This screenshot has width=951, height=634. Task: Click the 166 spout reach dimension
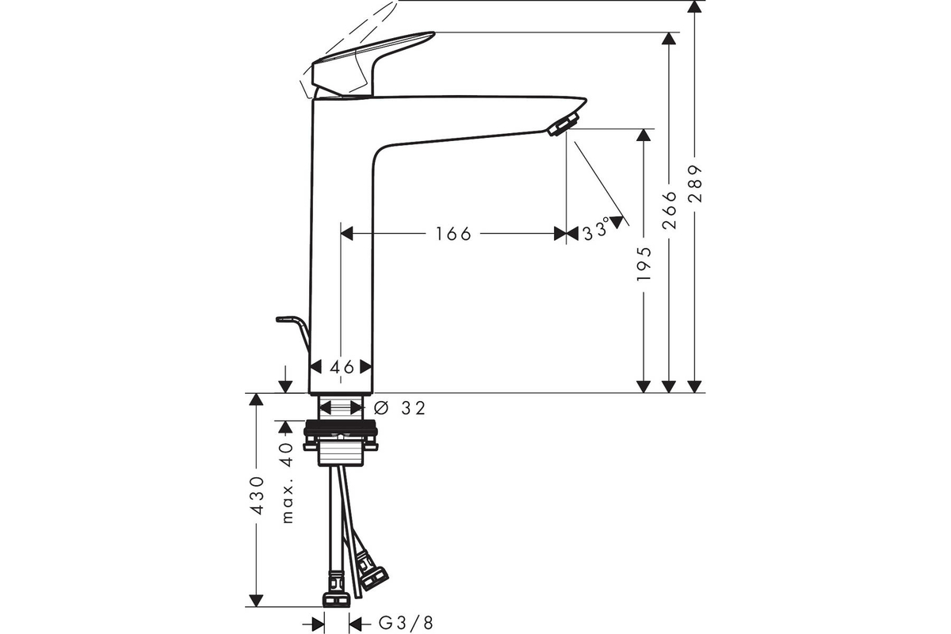[453, 234]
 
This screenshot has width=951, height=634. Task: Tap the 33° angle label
[596, 231]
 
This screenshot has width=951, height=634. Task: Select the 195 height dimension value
[644, 263]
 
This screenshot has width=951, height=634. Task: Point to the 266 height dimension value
[669, 210]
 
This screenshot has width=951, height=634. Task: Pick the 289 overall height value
[695, 184]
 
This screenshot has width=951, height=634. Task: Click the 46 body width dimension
[342, 367]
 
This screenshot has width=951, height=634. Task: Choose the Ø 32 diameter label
[399, 408]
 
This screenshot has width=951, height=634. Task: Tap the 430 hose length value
[257, 495]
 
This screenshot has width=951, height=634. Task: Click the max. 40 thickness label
[288, 483]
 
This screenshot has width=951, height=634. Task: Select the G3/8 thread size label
[406, 624]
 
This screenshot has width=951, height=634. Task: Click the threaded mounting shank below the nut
[341, 453]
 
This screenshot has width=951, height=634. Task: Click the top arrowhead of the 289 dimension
[694, 6]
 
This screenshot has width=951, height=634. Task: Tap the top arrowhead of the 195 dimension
[644, 135]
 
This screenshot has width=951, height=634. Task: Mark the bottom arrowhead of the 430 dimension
[255, 601]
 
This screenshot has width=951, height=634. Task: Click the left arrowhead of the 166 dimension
[347, 233]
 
